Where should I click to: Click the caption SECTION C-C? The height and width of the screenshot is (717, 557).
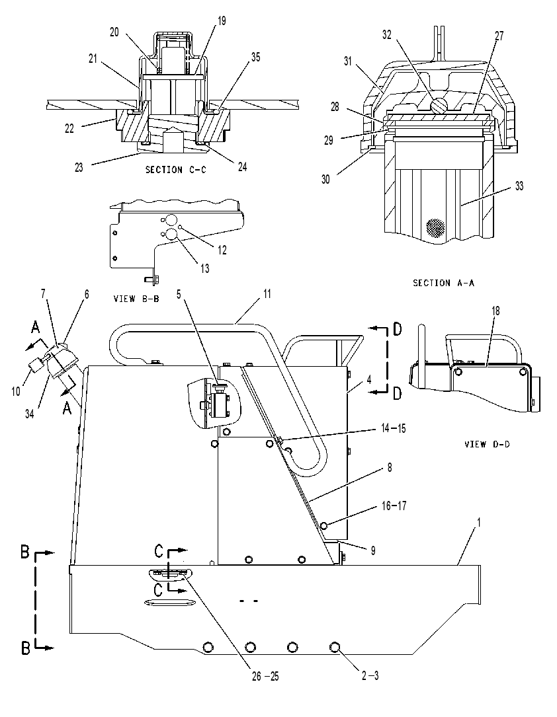click(176, 170)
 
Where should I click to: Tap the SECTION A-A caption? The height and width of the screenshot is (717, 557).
click(443, 283)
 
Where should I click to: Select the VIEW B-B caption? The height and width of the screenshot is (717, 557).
click(136, 299)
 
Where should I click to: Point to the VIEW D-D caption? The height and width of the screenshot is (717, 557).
click(487, 444)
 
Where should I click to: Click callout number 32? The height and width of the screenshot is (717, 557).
click(387, 34)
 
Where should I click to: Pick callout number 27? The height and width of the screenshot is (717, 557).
click(499, 36)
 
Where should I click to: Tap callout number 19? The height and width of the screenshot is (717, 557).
click(221, 21)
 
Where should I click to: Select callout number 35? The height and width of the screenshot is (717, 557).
click(255, 57)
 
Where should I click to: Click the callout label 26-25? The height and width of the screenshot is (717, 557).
click(265, 676)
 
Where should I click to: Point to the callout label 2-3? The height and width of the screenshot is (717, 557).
click(370, 676)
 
